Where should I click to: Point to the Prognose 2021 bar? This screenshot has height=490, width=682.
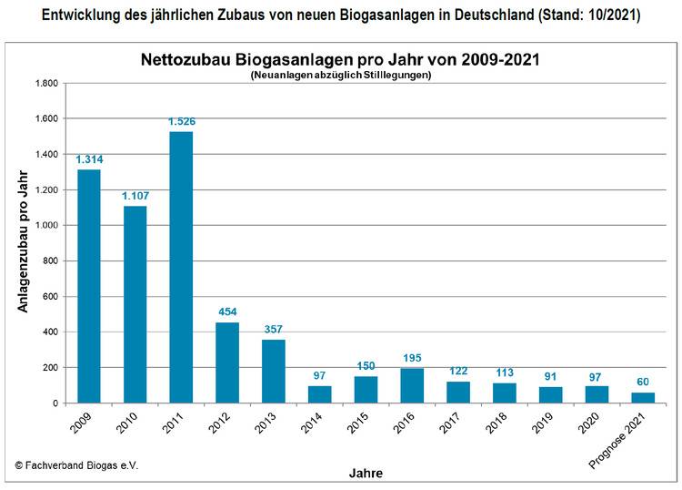644,397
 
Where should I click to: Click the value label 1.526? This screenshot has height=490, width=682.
181,122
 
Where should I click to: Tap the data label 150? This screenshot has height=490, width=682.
366,367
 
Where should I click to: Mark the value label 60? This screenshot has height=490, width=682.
643,383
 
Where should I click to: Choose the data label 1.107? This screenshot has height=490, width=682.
135,196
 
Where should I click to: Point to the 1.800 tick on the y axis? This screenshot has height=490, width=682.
45,83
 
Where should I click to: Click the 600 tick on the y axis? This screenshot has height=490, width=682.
49,296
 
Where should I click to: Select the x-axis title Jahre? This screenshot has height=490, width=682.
365,473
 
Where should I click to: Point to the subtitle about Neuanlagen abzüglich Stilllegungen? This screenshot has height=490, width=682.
340,76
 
